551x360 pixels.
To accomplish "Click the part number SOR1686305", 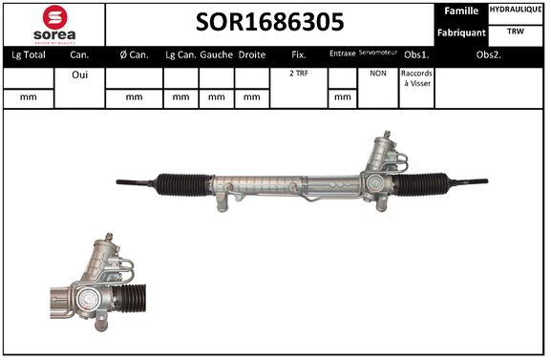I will [271, 23].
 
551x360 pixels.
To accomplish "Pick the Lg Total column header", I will [27, 55].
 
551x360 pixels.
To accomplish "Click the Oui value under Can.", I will [79, 74].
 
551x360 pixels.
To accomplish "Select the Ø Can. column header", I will [133, 55].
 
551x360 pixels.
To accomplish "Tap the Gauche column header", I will [217, 55].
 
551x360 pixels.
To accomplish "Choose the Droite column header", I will [252, 55].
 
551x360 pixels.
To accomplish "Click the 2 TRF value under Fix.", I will [299, 74].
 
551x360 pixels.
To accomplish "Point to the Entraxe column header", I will [342, 55].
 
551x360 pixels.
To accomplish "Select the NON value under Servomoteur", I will [377, 74].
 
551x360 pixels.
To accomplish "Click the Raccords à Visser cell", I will [416, 79].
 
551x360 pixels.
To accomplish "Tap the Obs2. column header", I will [491, 55].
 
